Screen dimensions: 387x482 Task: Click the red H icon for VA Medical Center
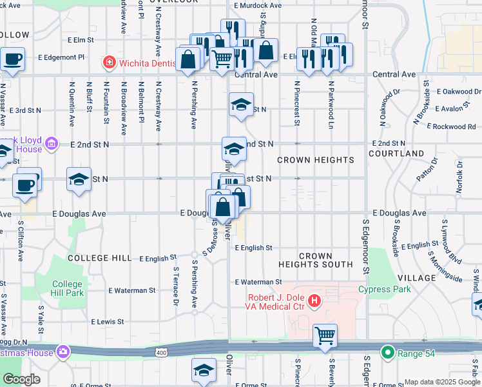pos(314,300)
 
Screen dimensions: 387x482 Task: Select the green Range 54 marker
pos(387,352)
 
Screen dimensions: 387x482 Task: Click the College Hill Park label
pos(67,288)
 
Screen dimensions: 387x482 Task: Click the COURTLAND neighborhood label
pos(396,154)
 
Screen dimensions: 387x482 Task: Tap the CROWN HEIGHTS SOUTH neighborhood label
pos(316,260)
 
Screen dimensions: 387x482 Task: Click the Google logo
pos(21,379)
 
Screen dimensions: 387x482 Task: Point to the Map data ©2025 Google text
pos(441,382)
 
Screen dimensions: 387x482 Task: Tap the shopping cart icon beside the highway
pos(325,335)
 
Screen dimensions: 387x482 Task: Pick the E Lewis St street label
pos(108,321)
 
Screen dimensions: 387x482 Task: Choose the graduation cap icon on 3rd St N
pos(241,104)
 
